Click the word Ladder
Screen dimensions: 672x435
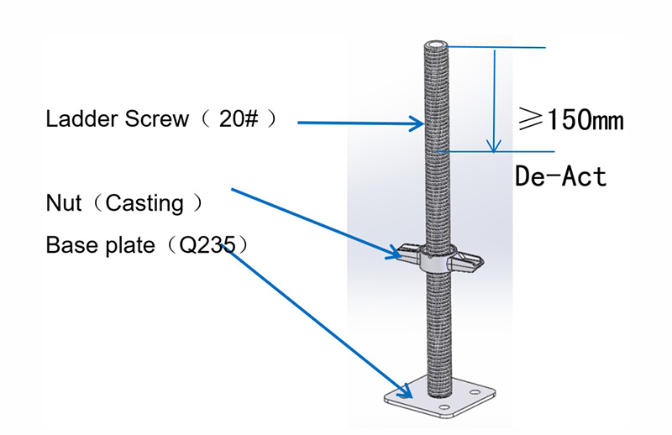(81, 118)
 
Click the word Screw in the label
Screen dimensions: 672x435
(156, 118)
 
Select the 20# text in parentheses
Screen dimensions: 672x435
(239, 118)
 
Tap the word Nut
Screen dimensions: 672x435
(64, 202)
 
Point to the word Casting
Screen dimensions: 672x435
(144, 203)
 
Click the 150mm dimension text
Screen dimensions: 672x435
(585, 119)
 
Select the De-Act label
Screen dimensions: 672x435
(560, 176)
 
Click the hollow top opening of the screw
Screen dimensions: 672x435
(436, 45)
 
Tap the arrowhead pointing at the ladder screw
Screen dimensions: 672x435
(417, 123)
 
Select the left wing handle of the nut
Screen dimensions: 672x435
(407, 253)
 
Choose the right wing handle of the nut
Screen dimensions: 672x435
(467, 261)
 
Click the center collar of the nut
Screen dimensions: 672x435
(437, 259)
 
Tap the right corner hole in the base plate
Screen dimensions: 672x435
(475, 392)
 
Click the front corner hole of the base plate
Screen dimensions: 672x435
(444, 407)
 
